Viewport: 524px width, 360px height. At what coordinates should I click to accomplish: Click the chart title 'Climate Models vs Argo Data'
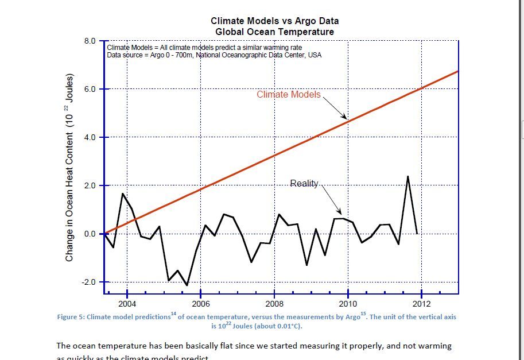pyautogui.click(x=274, y=21)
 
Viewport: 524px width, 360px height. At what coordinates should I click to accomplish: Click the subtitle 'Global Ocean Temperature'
pyautogui.click(x=274, y=32)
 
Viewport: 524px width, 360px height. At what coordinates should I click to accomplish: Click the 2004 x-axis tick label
pyautogui.click(x=127, y=304)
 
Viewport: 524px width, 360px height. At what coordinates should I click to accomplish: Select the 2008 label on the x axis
pyautogui.click(x=274, y=304)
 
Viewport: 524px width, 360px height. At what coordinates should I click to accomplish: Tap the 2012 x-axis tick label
pyautogui.click(x=422, y=304)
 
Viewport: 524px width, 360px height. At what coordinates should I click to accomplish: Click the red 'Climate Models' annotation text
pyautogui.click(x=289, y=94)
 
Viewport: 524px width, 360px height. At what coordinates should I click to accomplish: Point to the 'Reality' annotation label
pyautogui.click(x=304, y=183)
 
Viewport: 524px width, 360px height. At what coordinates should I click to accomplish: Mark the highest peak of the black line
pyautogui.click(x=407, y=176)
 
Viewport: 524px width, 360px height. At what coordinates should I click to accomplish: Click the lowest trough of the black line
pyautogui.click(x=187, y=285)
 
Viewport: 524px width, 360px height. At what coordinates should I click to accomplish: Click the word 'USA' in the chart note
pyautogui.click(x=315, y=55)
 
